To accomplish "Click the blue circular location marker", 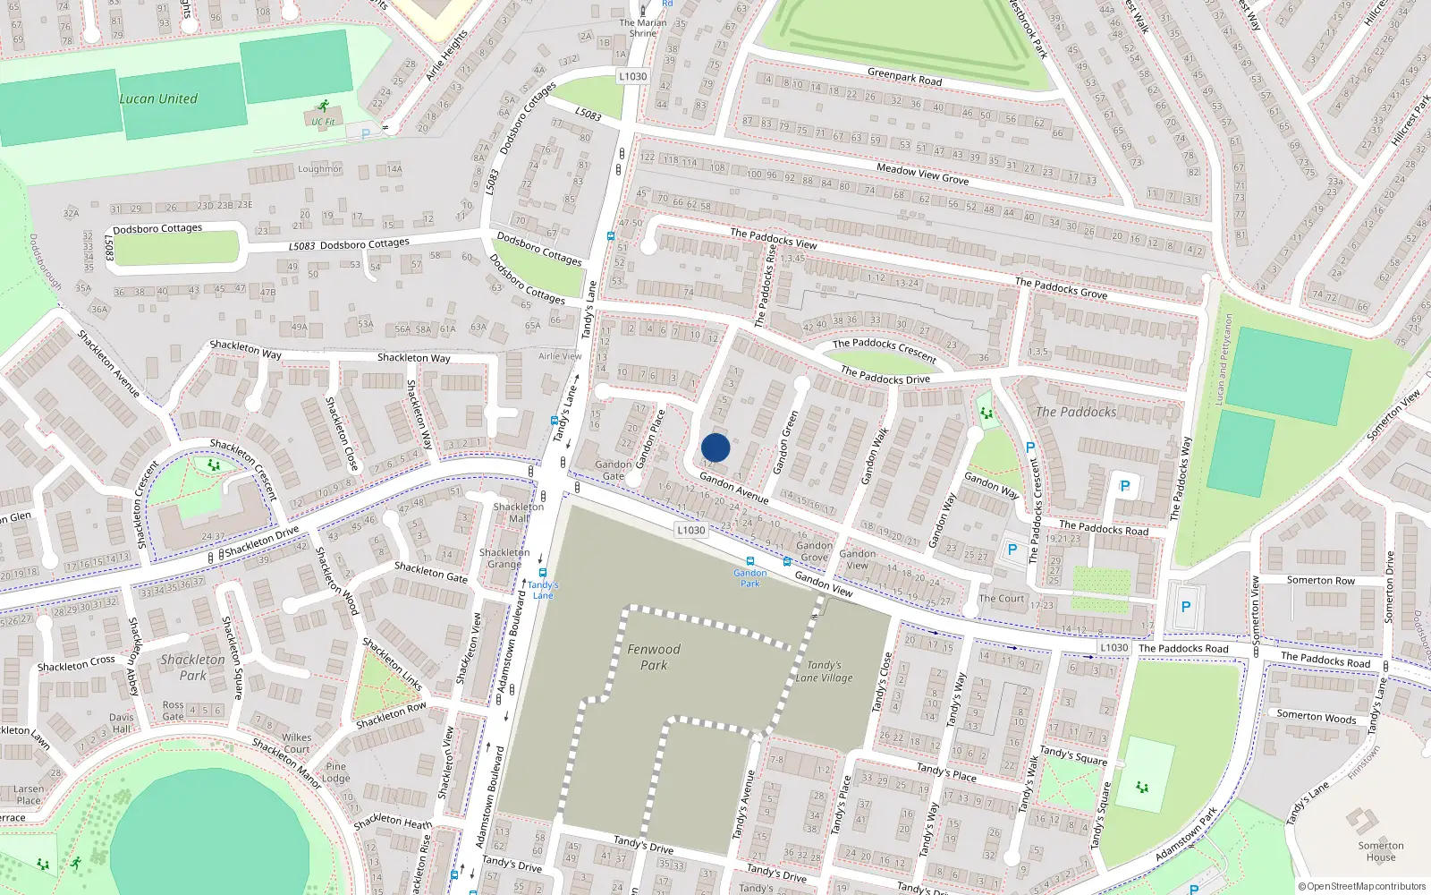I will pos(715,447).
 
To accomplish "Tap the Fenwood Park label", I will pos(654,657).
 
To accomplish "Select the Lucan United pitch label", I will pos(158,99).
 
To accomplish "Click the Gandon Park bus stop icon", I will pos(749,562).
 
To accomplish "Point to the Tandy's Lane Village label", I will pos(824,671).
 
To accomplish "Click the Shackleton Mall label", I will pos(519,513).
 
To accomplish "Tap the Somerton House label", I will pos(1381,851).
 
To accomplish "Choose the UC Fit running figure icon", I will pos(323,107).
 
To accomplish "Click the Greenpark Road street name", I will pos(904,77).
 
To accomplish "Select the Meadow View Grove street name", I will pos(922,174).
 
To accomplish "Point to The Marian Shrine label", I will pos(643,28).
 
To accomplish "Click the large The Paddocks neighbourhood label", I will pos(1076,412).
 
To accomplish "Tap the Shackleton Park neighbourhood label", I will pos(193,668).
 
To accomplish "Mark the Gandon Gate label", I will pos(614,470).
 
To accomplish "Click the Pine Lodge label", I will pos(336,772).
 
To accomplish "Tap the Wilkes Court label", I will pos(296,744).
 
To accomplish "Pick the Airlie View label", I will pos(560,356).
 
